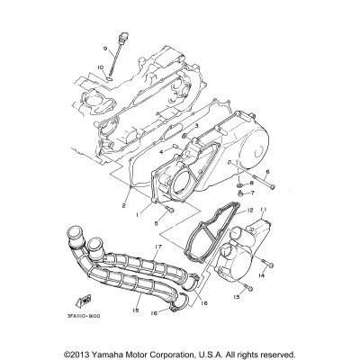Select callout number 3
(195, 128)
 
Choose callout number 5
(156, 222)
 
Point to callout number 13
(236, 296)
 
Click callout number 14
(261, 275)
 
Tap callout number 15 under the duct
(134, 311)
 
